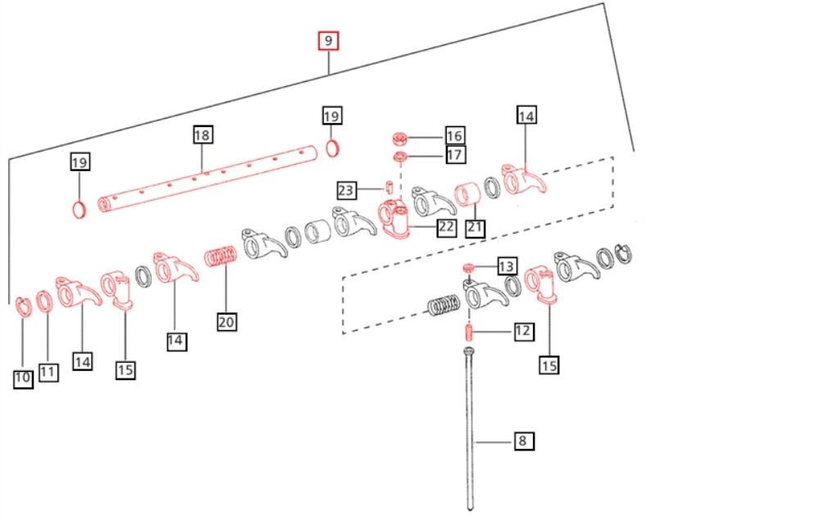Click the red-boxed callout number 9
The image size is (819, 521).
click(x=329, y=41)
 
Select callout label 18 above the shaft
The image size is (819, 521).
click(x=202, y=135)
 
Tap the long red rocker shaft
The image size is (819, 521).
click(x=207, y=178)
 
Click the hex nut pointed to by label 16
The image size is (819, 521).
click(x=400, y=139)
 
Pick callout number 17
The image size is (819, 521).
click(x=454, y=155)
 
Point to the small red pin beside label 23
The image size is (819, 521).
click(x=389, y=187)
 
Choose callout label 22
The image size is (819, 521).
click(x=445, y=227)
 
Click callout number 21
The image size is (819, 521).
click(x=475, y=228)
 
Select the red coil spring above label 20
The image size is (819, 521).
click(x=222, y=257)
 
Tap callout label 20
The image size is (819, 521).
click(x=226, y=322)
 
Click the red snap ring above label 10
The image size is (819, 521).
click(x=23, y=306)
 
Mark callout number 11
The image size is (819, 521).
click(x=48, y=372)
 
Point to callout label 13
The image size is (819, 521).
click(x=506, y=267)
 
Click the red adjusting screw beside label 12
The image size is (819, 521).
click(x=469, y=331)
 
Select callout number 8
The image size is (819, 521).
click(x=522, y=441)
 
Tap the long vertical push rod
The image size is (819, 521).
click(x=469, y=429)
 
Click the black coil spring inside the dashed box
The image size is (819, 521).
click(x=444, y=306)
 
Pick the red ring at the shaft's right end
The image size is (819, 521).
click(x=332, y=147)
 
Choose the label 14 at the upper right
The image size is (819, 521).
click(x=526, y=116)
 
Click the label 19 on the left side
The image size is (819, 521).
click(x=80, y=162)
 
